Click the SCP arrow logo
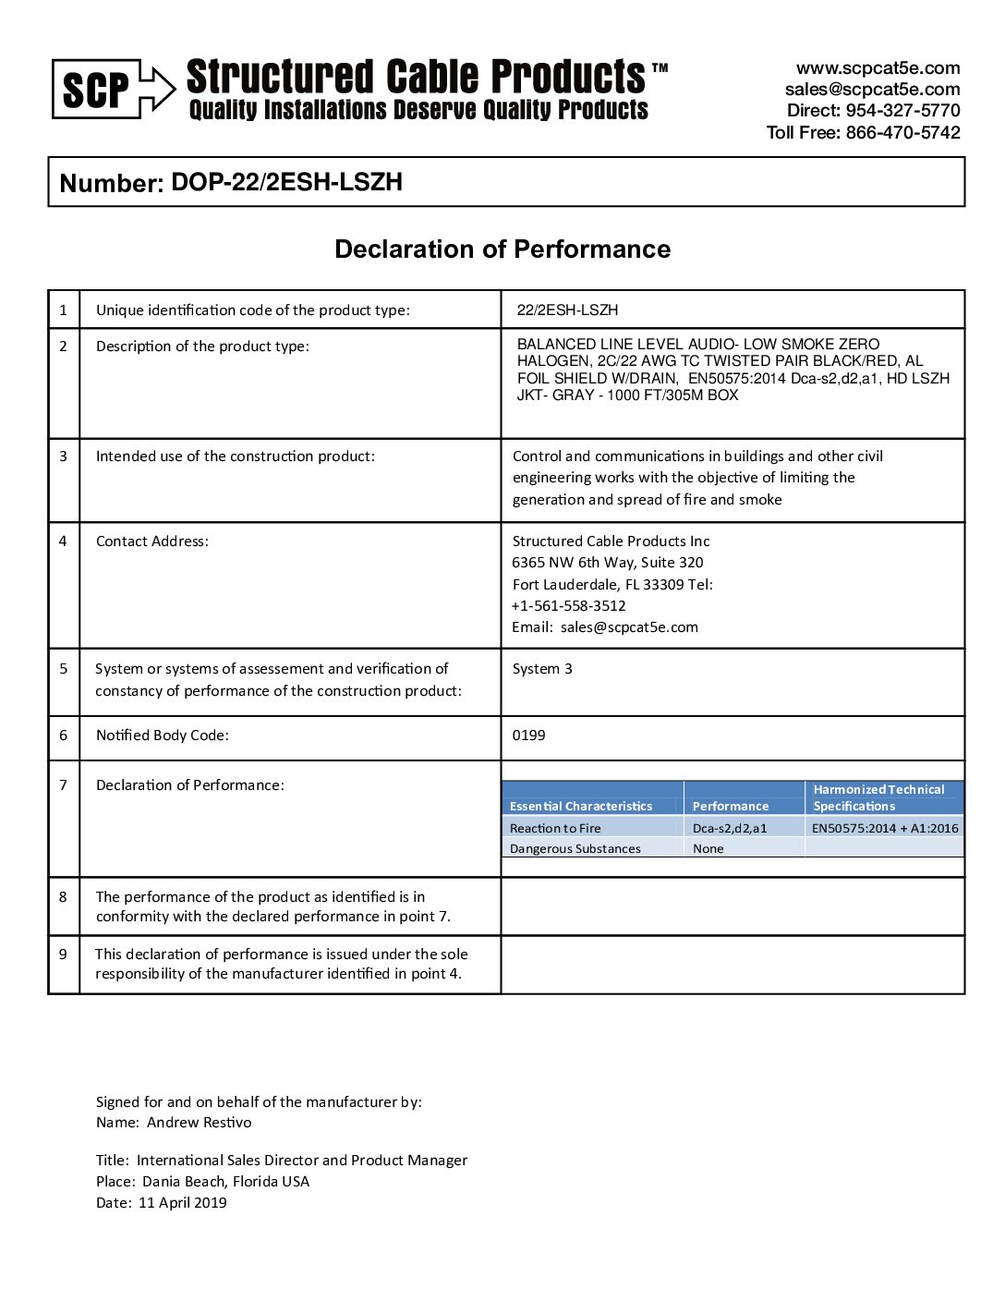pos(114,89)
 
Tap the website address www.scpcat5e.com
pos(878,68)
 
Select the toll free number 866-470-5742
pos(902,132)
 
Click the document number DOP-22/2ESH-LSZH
pos(286,182)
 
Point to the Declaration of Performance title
pos(502,249)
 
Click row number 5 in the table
pos(64,669)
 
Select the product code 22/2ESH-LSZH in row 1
pos(567,310)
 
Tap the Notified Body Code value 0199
pos(528,736)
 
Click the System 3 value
pos(542,669)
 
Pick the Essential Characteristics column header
pos(581,806)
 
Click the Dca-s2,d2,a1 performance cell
pos(730,828)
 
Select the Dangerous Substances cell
pos(575,848)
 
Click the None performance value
pos(708,848)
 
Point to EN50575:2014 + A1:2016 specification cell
pos(885,828)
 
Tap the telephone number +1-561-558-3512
pos(569,606)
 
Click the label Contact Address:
pos(152,541)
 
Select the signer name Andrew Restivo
pos(199,1123)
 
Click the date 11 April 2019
pos(182,1203)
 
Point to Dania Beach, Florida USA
pos(225,1182)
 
